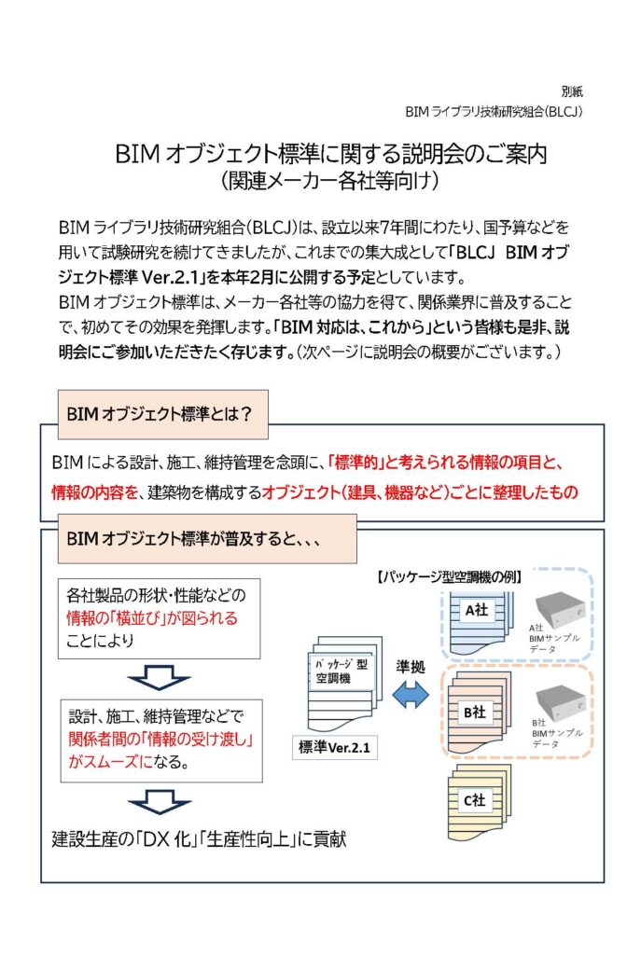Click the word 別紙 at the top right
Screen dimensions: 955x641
(572, 91)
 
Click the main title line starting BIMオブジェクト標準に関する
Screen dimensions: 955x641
(330, 154)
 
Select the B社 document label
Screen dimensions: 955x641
(475, 712)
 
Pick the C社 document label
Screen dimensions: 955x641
(475, 799)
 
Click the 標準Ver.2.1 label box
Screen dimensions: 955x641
(338, 747)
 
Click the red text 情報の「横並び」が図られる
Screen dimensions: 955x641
(152, 618)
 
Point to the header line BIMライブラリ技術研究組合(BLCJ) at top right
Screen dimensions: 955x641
(494, 111)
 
